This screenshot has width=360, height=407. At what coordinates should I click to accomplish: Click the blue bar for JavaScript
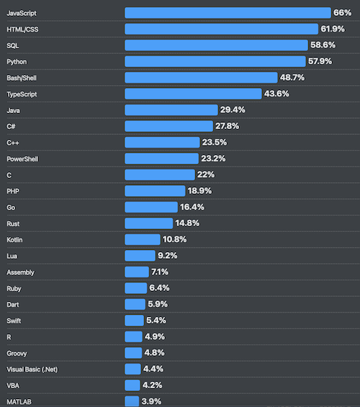click(x=228, y=12)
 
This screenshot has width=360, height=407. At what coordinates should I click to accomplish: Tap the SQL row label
click(x=13, y=45)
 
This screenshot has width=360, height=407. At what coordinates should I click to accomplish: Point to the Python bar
click(x=215, y=61)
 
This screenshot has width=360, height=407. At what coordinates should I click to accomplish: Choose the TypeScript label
click(x=22, y=94)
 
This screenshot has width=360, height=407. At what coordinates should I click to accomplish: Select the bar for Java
click(x=171, y=109)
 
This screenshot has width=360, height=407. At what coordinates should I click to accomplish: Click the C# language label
click(x=11, y=126)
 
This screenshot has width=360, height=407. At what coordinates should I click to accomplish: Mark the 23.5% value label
click(x=215, y=142)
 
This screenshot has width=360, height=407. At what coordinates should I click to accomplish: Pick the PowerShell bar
click(x=161, y=158)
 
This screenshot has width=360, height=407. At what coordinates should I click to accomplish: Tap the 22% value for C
click(x=206, y=174)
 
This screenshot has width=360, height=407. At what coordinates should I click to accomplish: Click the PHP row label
click(x=12, y=191)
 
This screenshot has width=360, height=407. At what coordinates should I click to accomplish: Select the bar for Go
click(x=150, y=207)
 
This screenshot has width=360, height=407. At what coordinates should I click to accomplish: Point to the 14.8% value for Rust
click(x=187, y=223)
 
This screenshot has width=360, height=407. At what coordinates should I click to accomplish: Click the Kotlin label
click(x=16, y=239)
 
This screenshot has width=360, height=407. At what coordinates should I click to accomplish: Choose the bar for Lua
click(x=140, y=256)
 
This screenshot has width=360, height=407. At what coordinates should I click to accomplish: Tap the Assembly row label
click(x=20, y=272)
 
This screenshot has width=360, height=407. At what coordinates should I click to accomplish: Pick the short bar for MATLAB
click(x=132, y=401)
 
